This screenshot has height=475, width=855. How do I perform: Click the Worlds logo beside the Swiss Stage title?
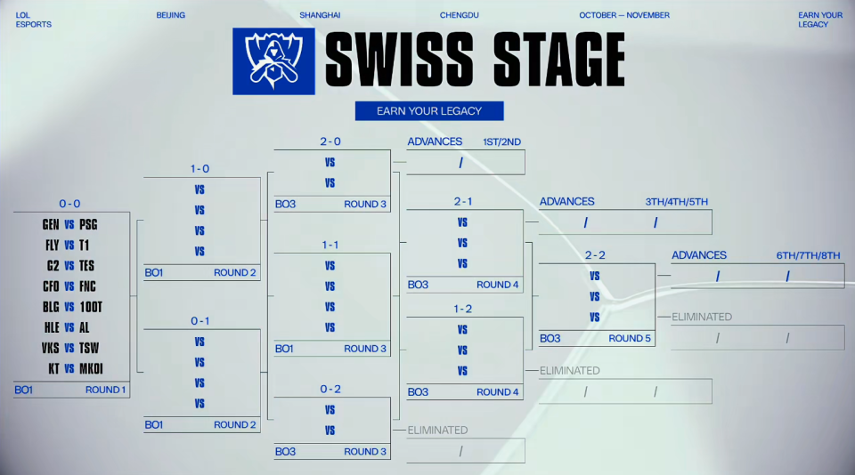pos(273,61)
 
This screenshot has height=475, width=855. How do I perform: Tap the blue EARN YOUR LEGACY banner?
pos(429,111)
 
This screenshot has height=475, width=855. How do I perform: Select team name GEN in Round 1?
pos(51,224)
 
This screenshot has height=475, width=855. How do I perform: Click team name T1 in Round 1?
pos(85,245)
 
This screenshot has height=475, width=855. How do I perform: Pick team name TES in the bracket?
pos(86,265)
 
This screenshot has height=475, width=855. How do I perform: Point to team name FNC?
pos(87,286)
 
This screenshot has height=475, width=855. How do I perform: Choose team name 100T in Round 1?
pos(91,307)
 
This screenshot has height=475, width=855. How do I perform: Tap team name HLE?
pos(51,327)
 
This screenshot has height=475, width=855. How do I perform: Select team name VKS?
pos(51,348)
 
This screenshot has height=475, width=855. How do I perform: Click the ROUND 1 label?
pos(105,390)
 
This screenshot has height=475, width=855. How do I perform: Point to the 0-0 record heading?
pos(70,204)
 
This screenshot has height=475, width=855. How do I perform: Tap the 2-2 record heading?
pos(595,255)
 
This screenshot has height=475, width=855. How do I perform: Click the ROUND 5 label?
pos(629,338)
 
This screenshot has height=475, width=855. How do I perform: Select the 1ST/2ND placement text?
pos(501,141)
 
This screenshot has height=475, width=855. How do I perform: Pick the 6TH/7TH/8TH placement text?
pos(808,255)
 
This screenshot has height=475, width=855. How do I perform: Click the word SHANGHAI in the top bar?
pos(320,15)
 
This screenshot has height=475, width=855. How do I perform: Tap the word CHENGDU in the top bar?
pos(460,15)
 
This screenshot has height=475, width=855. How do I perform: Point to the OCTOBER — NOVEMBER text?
pos(624,15)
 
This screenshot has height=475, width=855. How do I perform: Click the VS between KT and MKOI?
pos(69,368)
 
